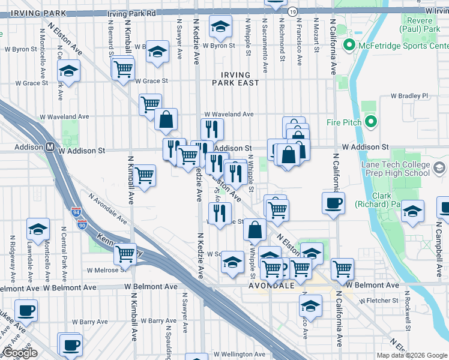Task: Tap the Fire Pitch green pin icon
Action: pos(370,123)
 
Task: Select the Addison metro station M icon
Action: pos(51,146)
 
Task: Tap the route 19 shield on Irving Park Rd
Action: pos(292,11)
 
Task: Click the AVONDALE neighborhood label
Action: pos(271,286)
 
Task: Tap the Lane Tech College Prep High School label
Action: pos(395,168)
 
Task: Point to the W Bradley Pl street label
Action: pos(410,95)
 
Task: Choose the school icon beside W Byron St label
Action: pos(220,27)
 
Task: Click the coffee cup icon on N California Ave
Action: pos(333,203)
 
